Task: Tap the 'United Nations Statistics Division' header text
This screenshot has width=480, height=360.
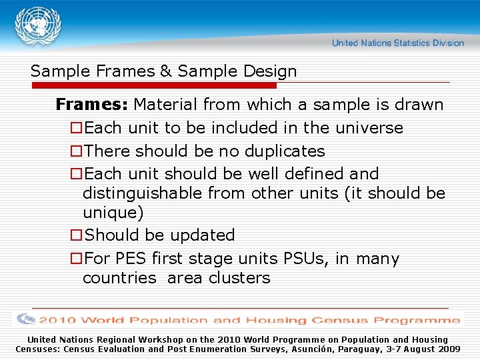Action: click(x=397, y=43)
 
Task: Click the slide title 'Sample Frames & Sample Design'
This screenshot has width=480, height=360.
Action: click(x=163, y=71)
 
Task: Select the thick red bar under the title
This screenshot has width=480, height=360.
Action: click(x=153, y=86)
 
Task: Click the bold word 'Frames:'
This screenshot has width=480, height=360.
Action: click(x=92, y=105)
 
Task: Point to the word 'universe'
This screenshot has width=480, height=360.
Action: click(x=370, y=128)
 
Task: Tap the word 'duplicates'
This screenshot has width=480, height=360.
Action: click(x=285, y=151)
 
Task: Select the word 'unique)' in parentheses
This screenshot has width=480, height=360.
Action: click(x=112, y=213)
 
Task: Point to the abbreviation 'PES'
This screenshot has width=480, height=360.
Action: click(x=131, y=259)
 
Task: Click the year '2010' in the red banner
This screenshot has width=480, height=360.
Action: click(x=60, y=320)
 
